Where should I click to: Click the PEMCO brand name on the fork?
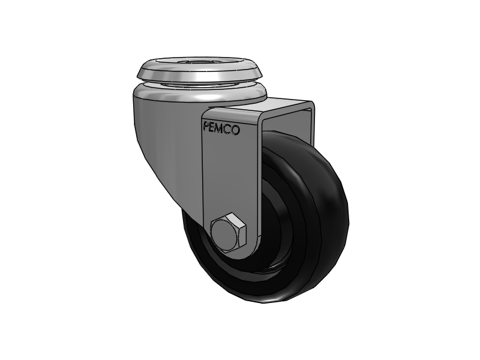(x=221, y=128)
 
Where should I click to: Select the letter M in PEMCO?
(x=221, y=128)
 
